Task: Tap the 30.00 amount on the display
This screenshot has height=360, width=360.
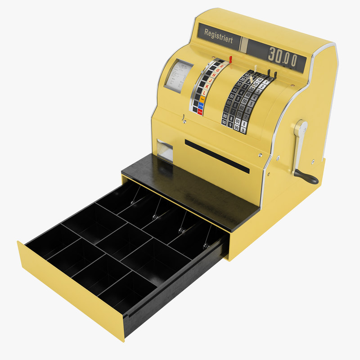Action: point(283,56)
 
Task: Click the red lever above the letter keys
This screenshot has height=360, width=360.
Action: point(230,59)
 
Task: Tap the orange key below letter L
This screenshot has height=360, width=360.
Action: point(202,99)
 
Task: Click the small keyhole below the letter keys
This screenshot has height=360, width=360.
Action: point(184,119)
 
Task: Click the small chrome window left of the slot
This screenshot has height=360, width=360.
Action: point(165,150)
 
